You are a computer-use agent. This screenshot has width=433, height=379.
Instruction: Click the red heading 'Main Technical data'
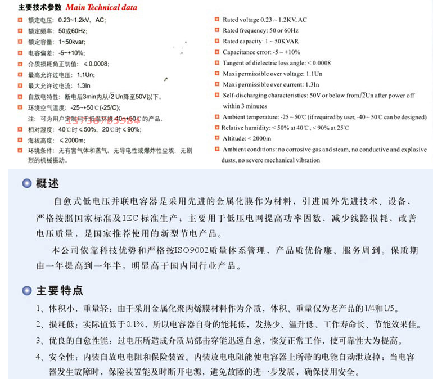(101, 8)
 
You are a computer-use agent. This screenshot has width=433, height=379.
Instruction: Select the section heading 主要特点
(59, 290)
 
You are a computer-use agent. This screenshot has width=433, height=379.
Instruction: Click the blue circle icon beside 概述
(26, 184)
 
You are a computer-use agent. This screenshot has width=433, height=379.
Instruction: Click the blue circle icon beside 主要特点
(26, 291)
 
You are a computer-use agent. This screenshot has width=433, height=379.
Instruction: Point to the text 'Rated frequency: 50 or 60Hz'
(260, 30)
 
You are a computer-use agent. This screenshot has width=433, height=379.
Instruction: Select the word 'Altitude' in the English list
(233, 138)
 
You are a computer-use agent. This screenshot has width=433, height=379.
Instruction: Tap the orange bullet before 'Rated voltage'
(218, 20)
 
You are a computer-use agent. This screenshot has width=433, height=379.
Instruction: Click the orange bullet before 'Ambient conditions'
(218, 149)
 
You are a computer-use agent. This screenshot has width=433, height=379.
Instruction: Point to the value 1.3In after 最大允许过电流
(84, 85)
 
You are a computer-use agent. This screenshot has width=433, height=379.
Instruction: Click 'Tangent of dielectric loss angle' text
(264, 63)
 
